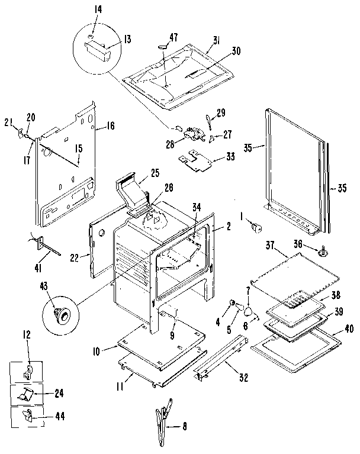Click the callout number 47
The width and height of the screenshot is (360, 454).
pyautogui.click(x=173, y=37)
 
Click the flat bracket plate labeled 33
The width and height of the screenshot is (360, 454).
pyautogui.click(x=195, y=158)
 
